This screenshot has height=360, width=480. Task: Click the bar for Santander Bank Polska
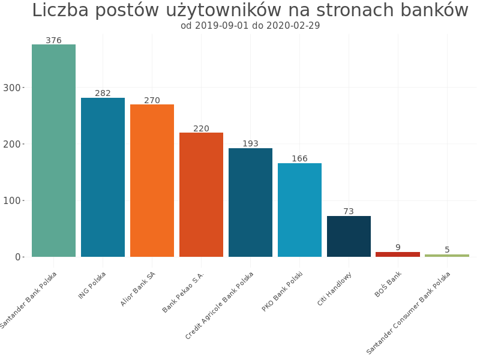tap(53, 151)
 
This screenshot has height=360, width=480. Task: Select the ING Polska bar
tap(103, 177)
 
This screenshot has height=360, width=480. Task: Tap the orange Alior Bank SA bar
tap(152, 181)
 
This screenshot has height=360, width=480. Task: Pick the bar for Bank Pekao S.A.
tap(201, 194)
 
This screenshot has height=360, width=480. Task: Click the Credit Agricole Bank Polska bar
tap(250, 202)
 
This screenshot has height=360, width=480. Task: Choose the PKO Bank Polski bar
tap(299, 210)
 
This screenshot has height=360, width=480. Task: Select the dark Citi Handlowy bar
tap(349, 236)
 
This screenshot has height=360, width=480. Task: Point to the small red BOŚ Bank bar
tap(398, 254)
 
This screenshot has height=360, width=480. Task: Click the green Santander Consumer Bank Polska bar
tap(447, 256)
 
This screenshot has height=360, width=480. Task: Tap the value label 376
tap(53, 41)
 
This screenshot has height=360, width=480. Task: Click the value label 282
tap(103, 94)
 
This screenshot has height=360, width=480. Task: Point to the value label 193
tap(250, 144)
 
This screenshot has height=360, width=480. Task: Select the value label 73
tap(349, 212)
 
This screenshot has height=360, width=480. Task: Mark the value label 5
tap(447, 250)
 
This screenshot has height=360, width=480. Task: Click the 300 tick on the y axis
tap(11, 88)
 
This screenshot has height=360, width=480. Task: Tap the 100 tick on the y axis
tap(11, 201)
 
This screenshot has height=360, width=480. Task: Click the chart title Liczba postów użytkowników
tap(250, 11)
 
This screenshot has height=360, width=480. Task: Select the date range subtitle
tap(250, 26)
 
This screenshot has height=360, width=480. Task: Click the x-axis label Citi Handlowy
tap(335, 289)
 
